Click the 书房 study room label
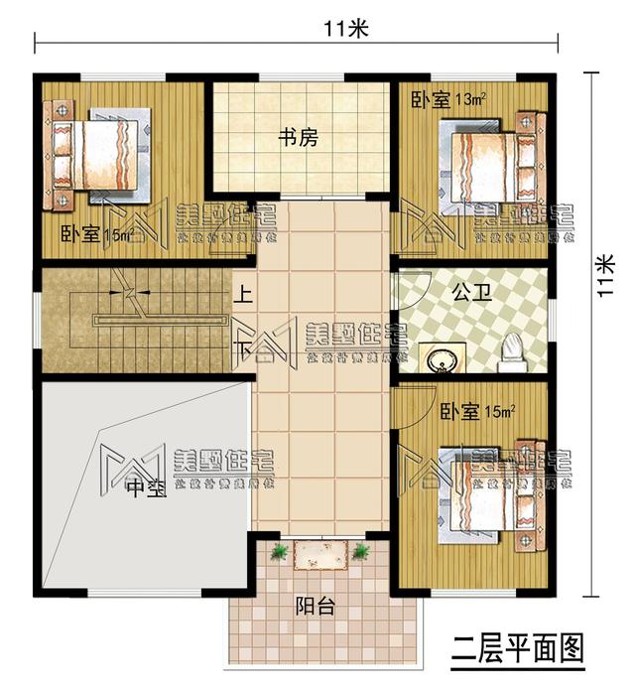[298, 139]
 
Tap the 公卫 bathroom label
[468, 294]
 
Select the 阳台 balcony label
[315, 607]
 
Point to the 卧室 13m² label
[447, 100]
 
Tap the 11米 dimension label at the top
[344, 29]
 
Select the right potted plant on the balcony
[360, 551]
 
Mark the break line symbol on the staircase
[127, 293]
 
